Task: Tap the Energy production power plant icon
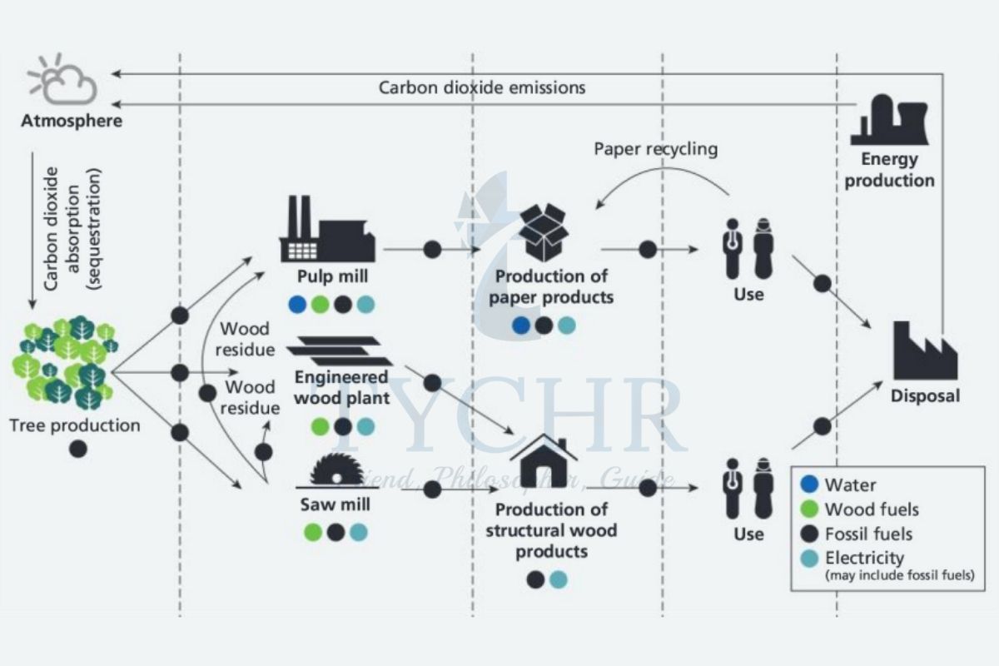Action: [x=890, y=120]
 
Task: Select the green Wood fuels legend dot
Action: [x=809, y=509]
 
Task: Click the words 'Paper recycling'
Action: [x=656, y=150]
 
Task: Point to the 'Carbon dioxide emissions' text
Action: [x=482, y=87]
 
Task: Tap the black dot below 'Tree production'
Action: [x=77, y=450]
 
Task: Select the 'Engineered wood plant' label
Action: [x=341, y=387]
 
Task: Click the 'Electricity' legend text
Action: [x=864, y=558]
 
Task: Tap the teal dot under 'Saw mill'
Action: [x=358, y=532]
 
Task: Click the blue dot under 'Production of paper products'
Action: [x=522, y=326]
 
